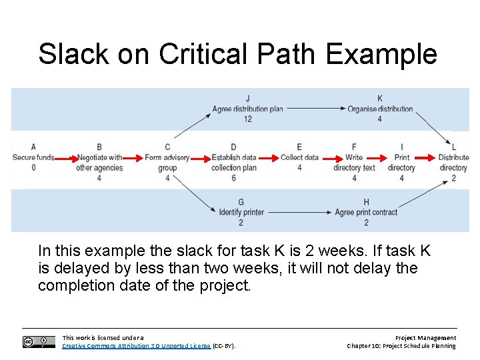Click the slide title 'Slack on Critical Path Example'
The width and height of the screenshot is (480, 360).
(x=237, y=54)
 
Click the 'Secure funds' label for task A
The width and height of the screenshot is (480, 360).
(x=33, y=158)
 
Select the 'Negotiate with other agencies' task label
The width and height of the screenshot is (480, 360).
(x=99, y=163)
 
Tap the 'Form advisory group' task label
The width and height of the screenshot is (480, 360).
(x=167, y=163)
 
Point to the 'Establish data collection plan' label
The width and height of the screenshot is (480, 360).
(x=233, y=163)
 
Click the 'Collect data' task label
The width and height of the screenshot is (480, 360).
(x=299, y=158)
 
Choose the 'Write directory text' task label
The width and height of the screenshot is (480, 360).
(x=354, y=163)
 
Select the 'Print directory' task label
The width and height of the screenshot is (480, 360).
(x=401, y=163)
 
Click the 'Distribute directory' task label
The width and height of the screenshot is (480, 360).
(x=453, y=163)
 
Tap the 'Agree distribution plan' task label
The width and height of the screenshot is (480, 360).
(x=247, y=109)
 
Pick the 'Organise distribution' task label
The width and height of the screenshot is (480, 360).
(x=380, y=109)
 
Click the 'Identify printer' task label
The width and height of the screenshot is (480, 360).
(x=241, y=213)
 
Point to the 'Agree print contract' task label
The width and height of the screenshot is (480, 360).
(x=366, y=213)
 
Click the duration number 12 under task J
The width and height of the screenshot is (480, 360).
(x=247, y=119)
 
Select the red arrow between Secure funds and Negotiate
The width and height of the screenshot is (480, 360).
(x=64, y=159)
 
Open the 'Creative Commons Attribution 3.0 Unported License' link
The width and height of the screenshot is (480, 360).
(x=136, y=346)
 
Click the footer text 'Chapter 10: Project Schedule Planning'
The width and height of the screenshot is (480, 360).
(x=401, y=346)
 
